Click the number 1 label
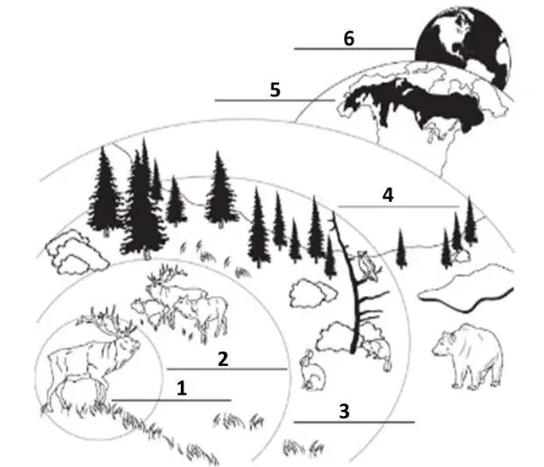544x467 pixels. pyautogui.click(x=182, y=388)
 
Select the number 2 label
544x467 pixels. pyautogui.click(x=223, y=359)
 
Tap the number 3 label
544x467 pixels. pyautogui.click(x=344, y=411)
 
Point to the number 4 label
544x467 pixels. pyautogui.click(x=388, y=195)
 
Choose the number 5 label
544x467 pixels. pyautogui.click(x=276, y=90)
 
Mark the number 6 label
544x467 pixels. pyautogui.click(x=349, y=39)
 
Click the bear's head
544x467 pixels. pyautogui.click(x=445, y=342)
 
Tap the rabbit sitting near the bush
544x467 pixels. pyautogui.click(x=311, y=370)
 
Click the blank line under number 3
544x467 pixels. pyautogui.click(x=354, y=422)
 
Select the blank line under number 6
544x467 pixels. pyautogui.click(x=354, y=49)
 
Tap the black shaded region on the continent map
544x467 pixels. pyautogui.click(x=413, y=103)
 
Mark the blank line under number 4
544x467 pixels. pyautogui.click(x=398, y=206)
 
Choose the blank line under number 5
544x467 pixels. pyautogui.click(x=276, y=100)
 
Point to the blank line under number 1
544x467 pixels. pyautogui.click(x=171, y=400)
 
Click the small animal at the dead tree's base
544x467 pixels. pyautogui.click(x=378, y=351)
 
